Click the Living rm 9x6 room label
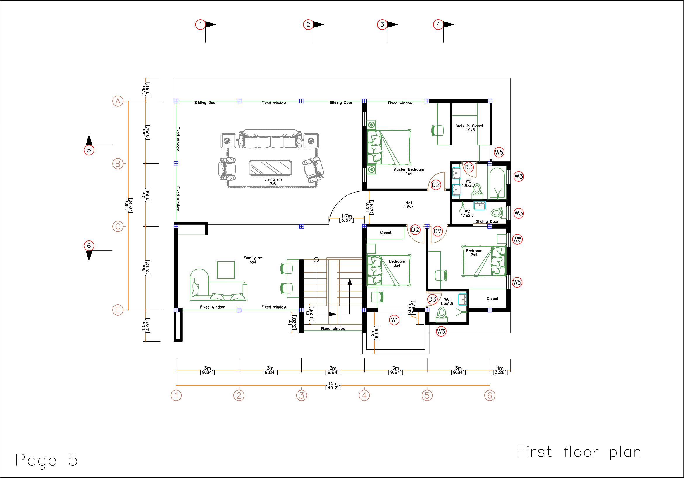click(x=273, y=181)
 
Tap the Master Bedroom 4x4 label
click(x=409, y=172)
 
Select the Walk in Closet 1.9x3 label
click(x=470, y=128)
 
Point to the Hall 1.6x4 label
click(x=409, y=205)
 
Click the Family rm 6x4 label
click(x=253, y=260)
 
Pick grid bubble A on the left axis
click(x=118, y=101)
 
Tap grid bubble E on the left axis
click(x=118, y=310)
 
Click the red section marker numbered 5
click(x=89, y=150)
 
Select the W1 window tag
click(x=394, y=320)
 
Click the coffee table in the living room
click(x=270, y=168)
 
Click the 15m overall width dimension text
click(x=333, y=385)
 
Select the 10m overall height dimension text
click(x=128, y=205)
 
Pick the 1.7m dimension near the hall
click(x=347, y=218)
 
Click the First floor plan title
click(x=579, y=452)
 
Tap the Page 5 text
click(x=46, y=460)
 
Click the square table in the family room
click(x=225, y=270)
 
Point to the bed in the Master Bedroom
click(x=389, y=147)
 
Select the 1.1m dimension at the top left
click(x=146, y=89)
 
